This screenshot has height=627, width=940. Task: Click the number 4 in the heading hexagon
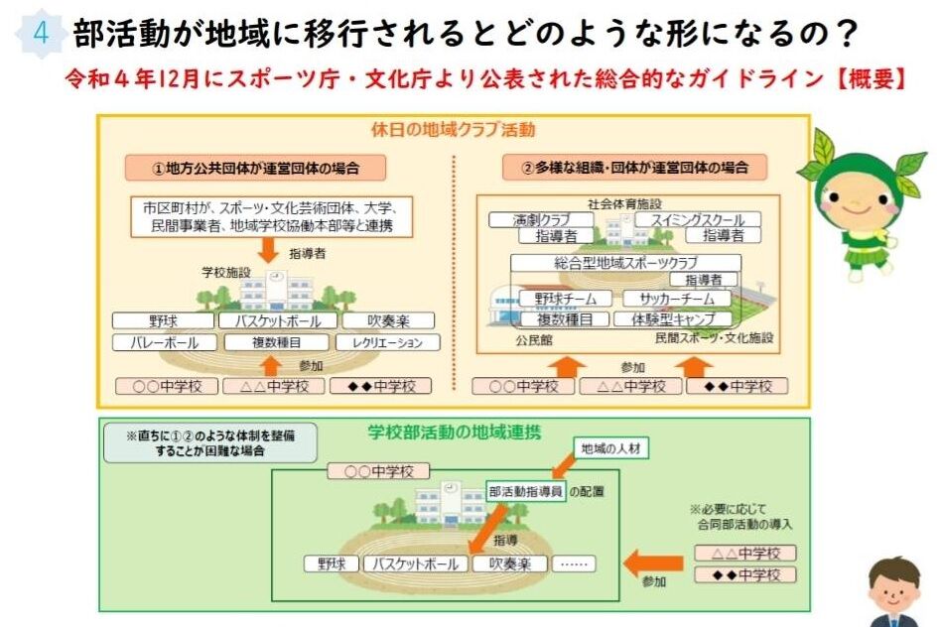tap(41, 33)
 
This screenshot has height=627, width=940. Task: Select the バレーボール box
tap(164, 343)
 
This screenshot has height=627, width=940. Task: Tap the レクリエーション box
tap(388, 343)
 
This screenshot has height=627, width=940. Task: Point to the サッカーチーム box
tap(672, 299)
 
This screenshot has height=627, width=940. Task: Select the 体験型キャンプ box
tap(672, 319)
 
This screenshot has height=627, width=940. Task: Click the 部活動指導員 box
tap(526, 491)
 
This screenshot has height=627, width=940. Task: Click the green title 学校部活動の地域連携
tap(453, 432)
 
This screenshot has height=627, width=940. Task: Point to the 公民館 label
tap(533, 339)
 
